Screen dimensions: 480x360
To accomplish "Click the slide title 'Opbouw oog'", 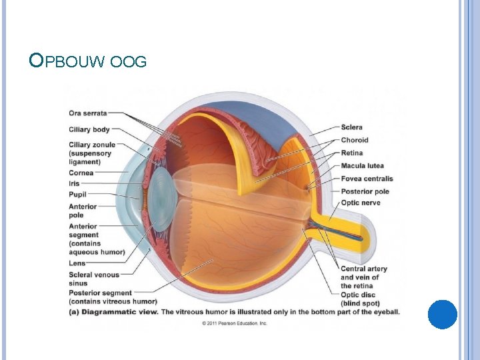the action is pos(88,62).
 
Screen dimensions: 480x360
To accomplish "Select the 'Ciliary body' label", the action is pos(89,129).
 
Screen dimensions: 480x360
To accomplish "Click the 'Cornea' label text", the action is pos(81,173).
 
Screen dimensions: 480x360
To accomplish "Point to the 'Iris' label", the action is pos(74,183).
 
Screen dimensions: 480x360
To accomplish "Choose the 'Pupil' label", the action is pos(77,194).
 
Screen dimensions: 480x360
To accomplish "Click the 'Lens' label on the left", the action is pos(77,263).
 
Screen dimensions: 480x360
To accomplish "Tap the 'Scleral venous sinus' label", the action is pos(93,279).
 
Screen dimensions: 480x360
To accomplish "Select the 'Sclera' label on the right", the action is pos(352,127).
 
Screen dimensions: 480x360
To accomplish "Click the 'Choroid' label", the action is pos(355,140).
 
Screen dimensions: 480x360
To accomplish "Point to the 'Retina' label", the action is pos(352,153).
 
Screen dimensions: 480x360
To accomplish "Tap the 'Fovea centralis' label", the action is pos(367,179).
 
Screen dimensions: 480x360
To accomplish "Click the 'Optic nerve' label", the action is pos(360,203).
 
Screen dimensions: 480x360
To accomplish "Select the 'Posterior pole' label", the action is pos(365,191).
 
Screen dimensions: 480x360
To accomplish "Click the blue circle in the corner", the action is pos(442,314).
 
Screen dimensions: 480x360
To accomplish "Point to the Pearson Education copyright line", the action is pos(234,323).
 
